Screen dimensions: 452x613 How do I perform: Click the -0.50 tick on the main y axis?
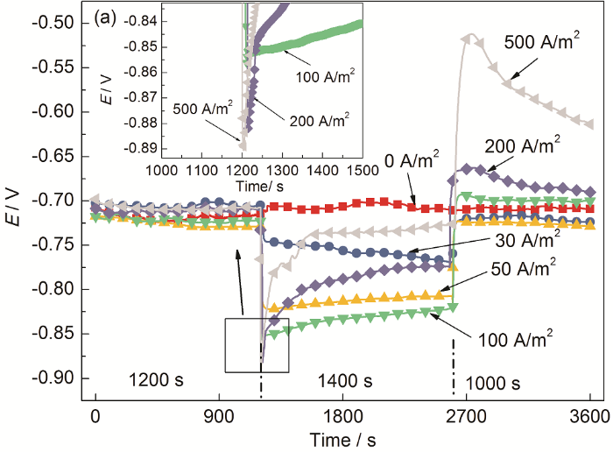62,22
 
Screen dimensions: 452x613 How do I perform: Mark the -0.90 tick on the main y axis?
62,378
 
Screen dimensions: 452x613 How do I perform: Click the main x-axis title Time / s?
343,437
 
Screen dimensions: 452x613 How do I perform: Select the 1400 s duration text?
345,381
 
